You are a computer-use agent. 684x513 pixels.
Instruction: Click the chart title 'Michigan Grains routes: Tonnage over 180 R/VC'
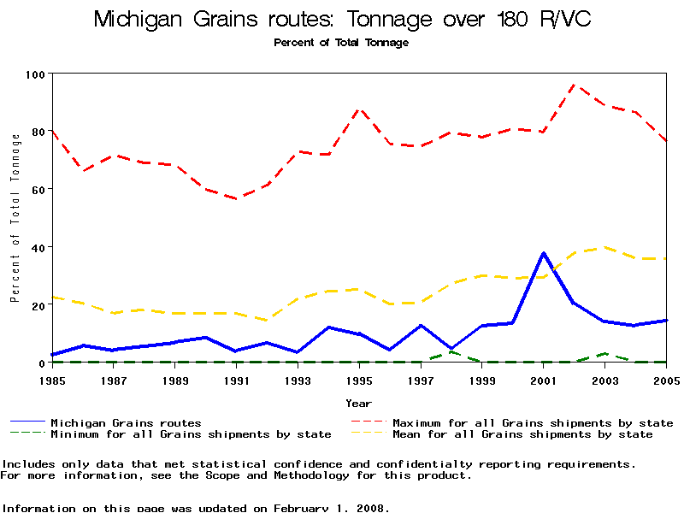[341, 20]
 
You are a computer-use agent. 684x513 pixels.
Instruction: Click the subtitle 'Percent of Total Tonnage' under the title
[341, 43]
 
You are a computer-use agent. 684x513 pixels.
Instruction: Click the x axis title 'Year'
[358, 403]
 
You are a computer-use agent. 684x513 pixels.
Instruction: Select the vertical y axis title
[15, 219]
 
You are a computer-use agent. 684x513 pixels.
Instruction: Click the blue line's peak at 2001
[544, 253]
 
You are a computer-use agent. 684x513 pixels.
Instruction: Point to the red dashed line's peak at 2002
[575, 85]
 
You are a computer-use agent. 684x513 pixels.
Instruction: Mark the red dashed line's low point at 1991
[237, 198]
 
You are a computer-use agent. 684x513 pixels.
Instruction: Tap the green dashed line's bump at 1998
[451, 351]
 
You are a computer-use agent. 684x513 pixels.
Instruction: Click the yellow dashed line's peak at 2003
[605, 247]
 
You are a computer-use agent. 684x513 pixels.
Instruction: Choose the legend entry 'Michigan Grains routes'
[126, 422]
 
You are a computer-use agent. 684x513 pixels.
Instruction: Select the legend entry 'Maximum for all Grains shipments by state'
[532, 422]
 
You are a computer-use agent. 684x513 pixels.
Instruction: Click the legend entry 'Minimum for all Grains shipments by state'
[191, 434]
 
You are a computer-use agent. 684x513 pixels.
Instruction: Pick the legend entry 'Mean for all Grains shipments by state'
[522, 434]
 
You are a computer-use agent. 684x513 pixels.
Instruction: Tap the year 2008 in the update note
[372, 508]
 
